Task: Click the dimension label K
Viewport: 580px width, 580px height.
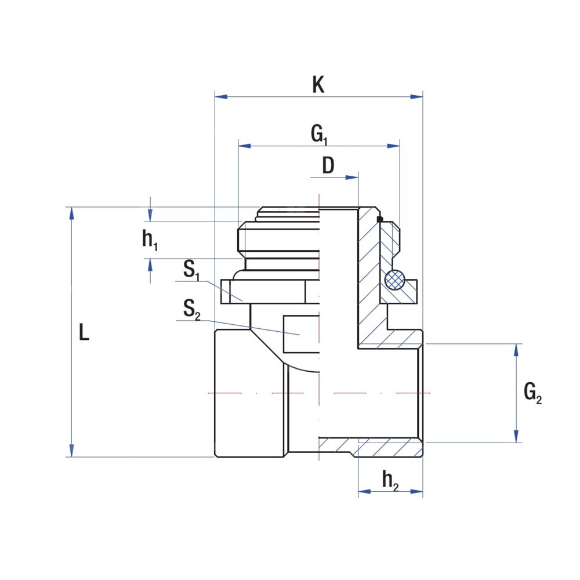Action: pyautogui.click(x=318, y=85)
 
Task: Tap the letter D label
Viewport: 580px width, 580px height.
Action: pyautogui.click(x=328, y=166)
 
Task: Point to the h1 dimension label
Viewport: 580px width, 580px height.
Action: pyautogui.click(x=150, y=241)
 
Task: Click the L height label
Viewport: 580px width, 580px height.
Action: pyautogui.click(x=85, y=333)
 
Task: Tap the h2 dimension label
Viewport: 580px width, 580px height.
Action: pyautogui.click(x=390, y=480)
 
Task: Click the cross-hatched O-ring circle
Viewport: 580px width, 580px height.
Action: pyautogui.click(x=396, y=280)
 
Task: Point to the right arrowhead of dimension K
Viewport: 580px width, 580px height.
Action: pyautogui.click(x=417, y=96)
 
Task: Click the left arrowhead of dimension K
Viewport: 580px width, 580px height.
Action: pyautogui.click(x=221, y=96)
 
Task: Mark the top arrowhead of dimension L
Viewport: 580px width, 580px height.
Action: pyautogui.click(x=71, y=213)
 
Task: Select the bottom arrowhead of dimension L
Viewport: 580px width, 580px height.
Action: pyautogui.click(x=71, y=451)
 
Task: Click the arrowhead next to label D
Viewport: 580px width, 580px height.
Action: pyautogui.click(x=353, y=177)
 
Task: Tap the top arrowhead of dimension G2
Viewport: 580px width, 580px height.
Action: pyautogui.click(x=516, y=350)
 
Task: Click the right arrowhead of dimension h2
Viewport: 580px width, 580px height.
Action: pyautogui.click(x=417, y=491)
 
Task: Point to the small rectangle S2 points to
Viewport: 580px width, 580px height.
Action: pyautogui.click(x=301, y=334)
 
